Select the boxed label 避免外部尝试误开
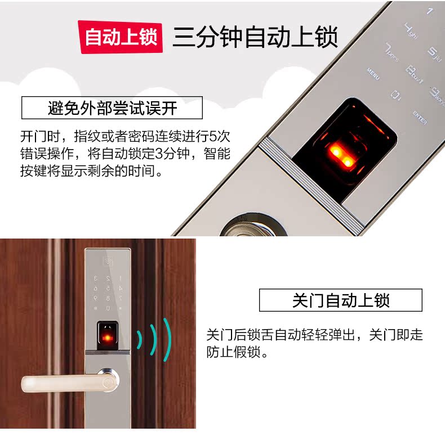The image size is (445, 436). (112, 107)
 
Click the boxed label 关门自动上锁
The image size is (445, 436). (340, 300)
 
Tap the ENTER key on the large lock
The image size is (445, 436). (419, 117)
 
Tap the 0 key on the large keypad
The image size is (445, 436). (396, 95)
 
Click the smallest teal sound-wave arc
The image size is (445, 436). (139, 339)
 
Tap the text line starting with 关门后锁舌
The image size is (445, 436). (314, 335)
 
